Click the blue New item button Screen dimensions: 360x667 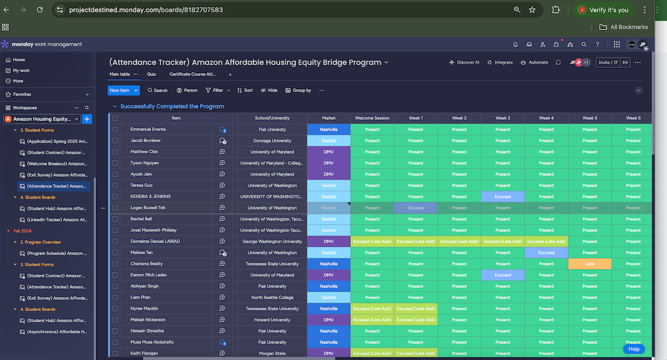120,90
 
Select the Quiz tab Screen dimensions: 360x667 152,74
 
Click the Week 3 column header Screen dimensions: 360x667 502,118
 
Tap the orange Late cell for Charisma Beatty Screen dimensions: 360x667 590,264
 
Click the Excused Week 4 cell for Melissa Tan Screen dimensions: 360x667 546,253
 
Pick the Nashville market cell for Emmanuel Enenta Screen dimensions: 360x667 328,129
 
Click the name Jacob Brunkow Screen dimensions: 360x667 145,140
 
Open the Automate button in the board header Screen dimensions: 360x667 534,63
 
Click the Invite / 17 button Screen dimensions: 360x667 608,63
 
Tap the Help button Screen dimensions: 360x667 634,349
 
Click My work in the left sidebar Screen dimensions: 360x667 21,70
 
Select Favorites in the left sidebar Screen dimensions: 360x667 22,94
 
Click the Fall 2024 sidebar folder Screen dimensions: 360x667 22,231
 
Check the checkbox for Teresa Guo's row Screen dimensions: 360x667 115,185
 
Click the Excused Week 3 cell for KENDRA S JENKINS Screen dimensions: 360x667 502,197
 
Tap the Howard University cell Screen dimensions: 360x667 272,320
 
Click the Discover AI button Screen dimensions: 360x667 464,63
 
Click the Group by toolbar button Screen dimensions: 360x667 298,90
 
